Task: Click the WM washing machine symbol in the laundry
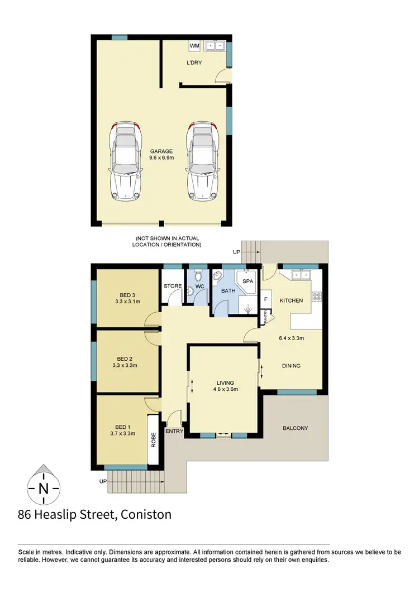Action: click(195, 45)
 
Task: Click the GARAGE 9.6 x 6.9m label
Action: click(161, 155)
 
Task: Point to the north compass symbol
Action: click(43, 487)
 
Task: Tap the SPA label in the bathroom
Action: click(247, 281)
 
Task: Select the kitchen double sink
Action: click(300, 275)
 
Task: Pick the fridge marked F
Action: click(266, 299)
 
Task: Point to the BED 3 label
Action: click(127, 295)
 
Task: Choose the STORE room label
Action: click(172, 286)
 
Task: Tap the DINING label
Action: click(291, 366)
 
